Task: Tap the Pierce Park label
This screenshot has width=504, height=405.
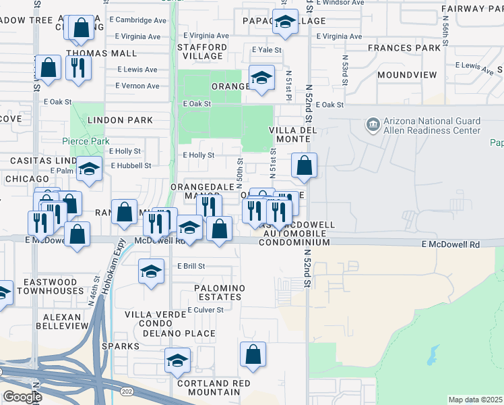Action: pyautogui.click(x=86, y=141)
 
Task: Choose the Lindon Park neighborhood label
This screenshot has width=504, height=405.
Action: pyautogui.click(x=120, y=120)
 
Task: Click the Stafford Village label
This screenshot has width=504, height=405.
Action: pyautogui.click(x=202, y=52)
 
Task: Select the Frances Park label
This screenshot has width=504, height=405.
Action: pyautogui.click(x=404, y=49)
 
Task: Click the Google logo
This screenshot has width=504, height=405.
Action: pyautogui.click(x=22, y=396)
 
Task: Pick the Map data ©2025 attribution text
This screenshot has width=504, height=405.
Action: pyautogui.click(x=475, y=400)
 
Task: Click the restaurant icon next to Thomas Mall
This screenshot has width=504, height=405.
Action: pyautogui.click(x=79, y=67)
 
